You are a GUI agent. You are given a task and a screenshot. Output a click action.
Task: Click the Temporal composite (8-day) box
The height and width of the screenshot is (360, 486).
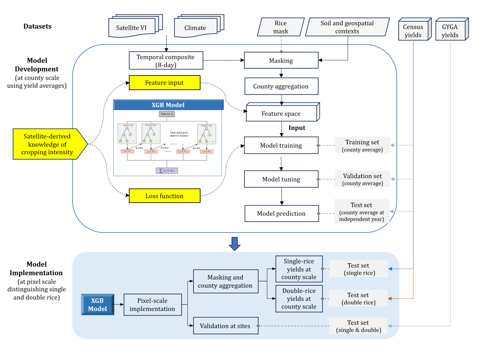click(165, 61)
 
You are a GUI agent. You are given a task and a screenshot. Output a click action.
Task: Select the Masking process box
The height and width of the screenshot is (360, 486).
click(281, 61)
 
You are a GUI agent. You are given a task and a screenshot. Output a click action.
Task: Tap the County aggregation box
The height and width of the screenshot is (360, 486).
click(281, 86)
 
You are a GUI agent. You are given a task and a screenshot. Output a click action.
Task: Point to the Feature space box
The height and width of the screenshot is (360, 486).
click(281, 113)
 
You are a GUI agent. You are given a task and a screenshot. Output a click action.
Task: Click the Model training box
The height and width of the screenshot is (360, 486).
click(281, 146)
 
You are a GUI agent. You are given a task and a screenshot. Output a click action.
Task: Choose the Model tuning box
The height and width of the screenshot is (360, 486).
click(281, 179)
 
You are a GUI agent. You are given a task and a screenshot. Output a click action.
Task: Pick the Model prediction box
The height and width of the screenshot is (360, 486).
click(281, 213)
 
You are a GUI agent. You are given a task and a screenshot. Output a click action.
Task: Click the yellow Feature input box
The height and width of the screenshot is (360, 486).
click(165, 83)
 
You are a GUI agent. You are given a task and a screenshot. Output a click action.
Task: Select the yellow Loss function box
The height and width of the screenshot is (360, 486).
click(165, 196)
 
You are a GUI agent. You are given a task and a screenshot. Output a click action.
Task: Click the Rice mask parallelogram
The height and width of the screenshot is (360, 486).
click(281, 27)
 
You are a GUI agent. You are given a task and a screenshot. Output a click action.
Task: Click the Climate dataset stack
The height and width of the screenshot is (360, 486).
click(196, 27)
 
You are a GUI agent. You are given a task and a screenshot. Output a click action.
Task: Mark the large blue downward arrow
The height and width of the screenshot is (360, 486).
click(234, 244)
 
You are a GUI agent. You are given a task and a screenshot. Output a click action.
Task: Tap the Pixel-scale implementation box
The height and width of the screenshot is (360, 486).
click(152, 305)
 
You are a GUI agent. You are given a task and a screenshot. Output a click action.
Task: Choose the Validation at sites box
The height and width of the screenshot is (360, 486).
click(225, 326)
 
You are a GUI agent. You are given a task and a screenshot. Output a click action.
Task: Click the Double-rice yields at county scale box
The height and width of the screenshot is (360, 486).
click(299, 299)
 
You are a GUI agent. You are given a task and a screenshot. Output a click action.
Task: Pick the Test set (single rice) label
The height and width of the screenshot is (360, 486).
click(358, 269)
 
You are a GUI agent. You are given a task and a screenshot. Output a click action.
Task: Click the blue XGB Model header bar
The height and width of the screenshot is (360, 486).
click(168, 105)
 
